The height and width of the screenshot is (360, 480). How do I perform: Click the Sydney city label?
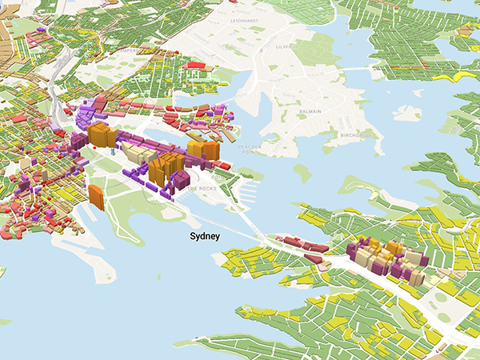[205, 237]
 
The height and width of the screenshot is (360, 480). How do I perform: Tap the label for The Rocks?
[199, 187]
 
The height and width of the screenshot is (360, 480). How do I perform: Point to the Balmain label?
[310, 112]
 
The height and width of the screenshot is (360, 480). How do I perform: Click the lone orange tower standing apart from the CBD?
[97, 197]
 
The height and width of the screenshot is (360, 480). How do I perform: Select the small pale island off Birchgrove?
[406, 114]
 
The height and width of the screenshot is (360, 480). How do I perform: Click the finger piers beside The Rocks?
[246, 193]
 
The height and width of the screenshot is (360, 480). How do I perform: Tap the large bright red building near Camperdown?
[194, 66]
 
